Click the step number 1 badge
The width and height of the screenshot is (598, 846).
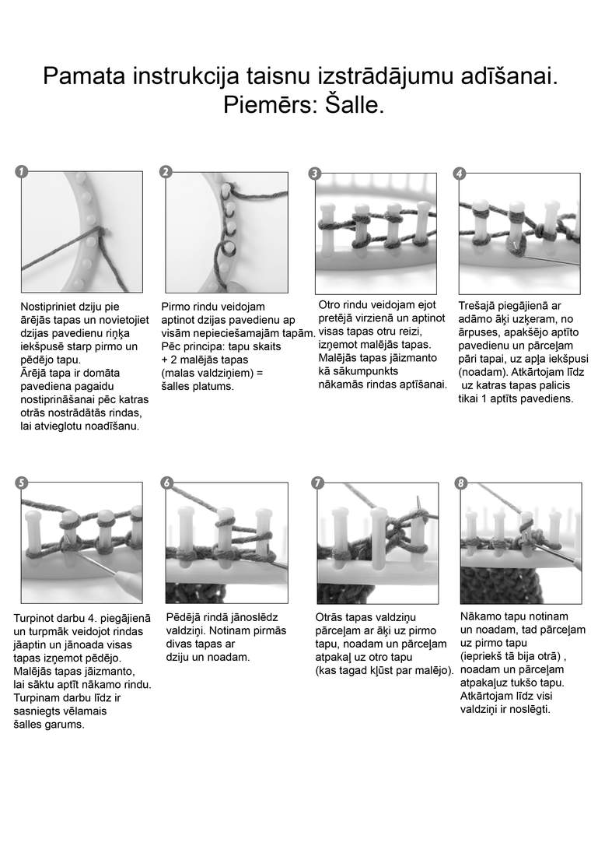coord(21,171)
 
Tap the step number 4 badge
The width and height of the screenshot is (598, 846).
coord(459,174)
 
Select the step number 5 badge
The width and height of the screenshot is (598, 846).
coord(21,483)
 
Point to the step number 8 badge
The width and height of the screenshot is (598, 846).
coord(460,483)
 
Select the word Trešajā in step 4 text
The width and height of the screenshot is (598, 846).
coord(476,306)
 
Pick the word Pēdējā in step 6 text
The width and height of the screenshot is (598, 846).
coord(182,617)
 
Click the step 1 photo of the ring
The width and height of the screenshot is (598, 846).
coord(82,232)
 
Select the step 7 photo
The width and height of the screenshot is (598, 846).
coord(377,542)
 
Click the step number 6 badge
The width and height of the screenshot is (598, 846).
coord(167,483)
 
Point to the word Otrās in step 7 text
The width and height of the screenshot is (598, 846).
coord(329,617)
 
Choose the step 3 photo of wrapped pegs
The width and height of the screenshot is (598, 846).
coord(376,233)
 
